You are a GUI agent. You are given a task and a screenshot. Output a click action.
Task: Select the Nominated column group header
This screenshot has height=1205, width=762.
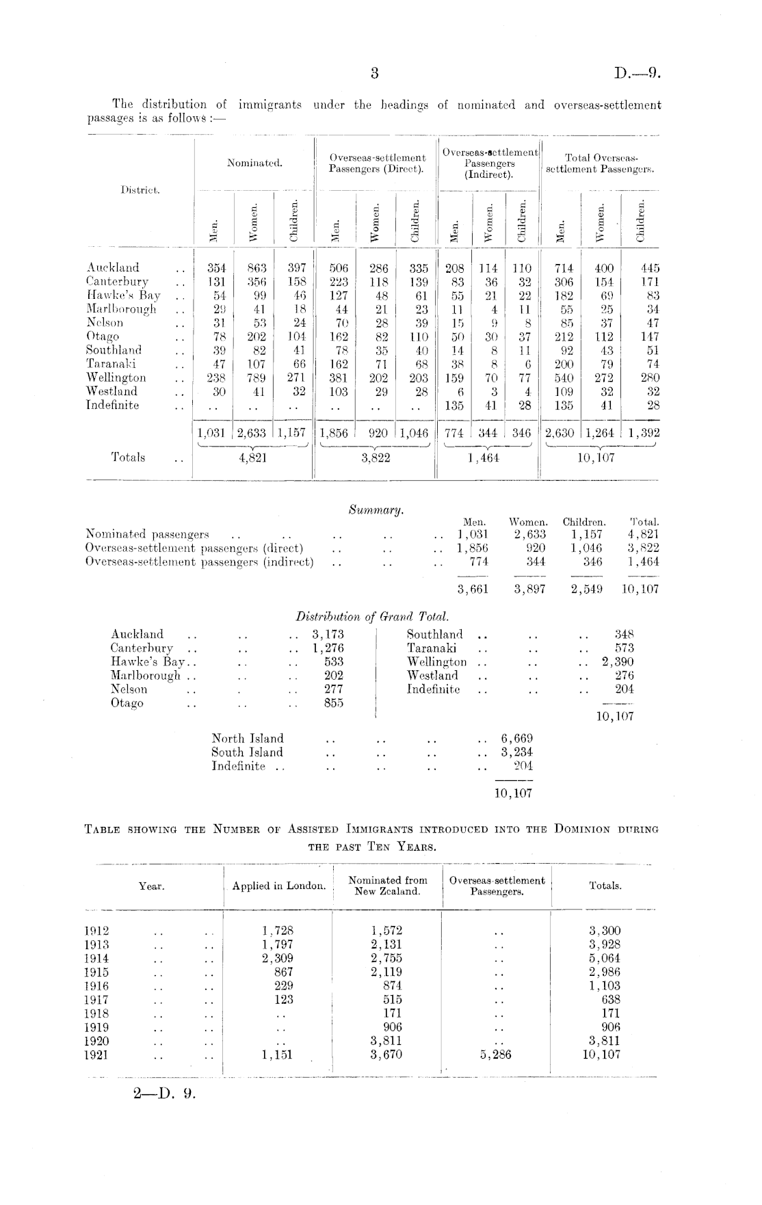254,163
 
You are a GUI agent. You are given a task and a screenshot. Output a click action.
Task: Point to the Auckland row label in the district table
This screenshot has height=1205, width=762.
113,267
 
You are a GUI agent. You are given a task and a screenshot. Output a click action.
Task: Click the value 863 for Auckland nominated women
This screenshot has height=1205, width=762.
256,268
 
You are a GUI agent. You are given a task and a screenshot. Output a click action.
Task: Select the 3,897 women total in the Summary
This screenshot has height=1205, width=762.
529,589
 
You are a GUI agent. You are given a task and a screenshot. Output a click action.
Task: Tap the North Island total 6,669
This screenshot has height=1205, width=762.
517,739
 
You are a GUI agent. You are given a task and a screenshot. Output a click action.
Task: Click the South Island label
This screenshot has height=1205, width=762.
247,752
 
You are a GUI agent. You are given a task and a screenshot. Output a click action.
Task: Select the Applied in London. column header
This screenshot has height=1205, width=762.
278,886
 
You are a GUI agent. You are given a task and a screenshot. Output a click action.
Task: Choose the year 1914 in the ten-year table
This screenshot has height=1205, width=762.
96,958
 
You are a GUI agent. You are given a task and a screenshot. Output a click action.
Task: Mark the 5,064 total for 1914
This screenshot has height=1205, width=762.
605,958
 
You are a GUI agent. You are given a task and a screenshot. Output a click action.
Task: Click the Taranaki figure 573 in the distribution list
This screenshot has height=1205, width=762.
624,648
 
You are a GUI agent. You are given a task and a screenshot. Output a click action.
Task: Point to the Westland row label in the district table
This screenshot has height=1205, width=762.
111,391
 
